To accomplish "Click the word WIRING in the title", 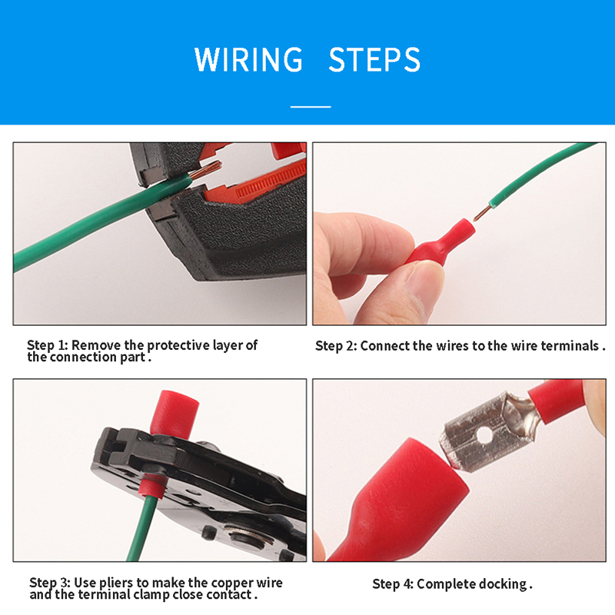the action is pyautogui.click(x=248, y=59).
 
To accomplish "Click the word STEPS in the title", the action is pyautogui.click(x=374, y=59).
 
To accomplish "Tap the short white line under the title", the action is pyautogui.click(x=311, y=106).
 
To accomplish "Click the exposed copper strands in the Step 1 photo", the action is pyautogui.click(x=206, y=168).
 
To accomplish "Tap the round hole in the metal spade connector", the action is pyautogui.click(x=484, y=435).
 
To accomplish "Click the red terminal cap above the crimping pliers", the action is pyautogui.click(x=175, y=414).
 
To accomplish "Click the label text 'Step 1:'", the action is pyautogui.click(x=48, y=345).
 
